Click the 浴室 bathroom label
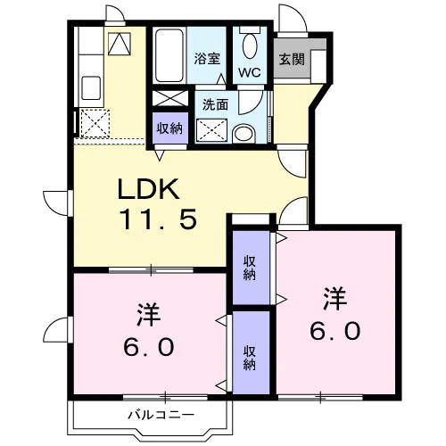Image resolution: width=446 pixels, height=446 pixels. pos(207,59)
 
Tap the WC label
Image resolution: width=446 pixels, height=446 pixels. pos(250,72)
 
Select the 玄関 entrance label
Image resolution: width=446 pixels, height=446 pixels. pos(292,59)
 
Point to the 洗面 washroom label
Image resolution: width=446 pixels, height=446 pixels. pos(215,104)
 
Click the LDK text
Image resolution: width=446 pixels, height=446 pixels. pos(148,189)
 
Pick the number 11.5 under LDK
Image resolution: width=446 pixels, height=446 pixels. pos(158,219)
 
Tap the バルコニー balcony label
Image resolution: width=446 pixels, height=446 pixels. pos(161,414)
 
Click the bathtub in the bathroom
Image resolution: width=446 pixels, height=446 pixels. pos(169,55)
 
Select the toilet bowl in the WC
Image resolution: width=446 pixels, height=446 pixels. pos(250,45)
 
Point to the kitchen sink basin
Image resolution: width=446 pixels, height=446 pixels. pos(91,88)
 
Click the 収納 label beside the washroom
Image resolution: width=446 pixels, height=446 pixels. pos(169,128)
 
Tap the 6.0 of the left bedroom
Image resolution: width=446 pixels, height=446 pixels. pos(148,347)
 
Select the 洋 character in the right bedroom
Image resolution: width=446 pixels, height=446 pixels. pos(335,298)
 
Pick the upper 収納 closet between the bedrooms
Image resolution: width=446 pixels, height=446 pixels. pos(250,268)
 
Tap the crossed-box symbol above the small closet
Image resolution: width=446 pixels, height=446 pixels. pos(170,98)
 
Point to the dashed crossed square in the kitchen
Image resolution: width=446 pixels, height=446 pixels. pos(95,124)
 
